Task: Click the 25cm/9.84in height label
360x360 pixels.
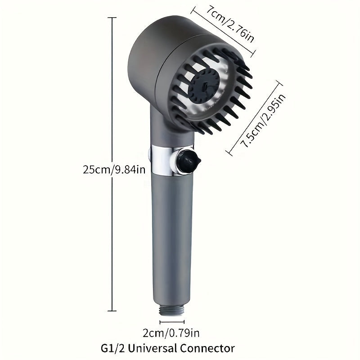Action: pyautogui.click(x=114, y=170)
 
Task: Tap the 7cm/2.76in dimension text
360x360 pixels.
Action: pyautogui.click(x=230, y=24)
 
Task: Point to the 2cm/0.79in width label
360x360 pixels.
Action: pyautogui.click(x=171, y=333)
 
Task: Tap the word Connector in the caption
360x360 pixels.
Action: pyautogui.click(x=207, y=348)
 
